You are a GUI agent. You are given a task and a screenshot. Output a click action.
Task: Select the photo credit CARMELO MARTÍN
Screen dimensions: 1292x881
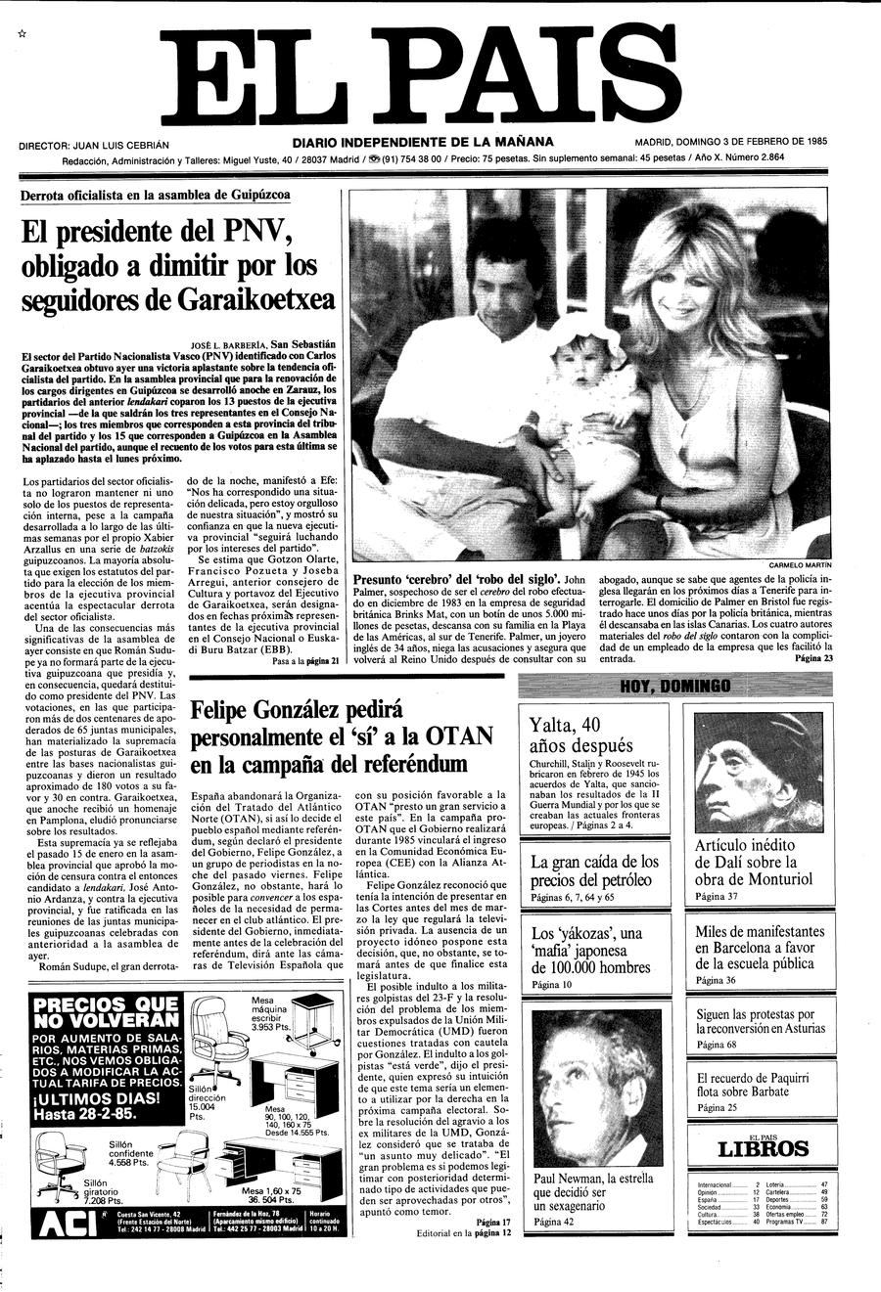(799, 565)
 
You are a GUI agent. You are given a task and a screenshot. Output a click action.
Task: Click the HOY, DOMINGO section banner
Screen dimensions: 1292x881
(675, 687)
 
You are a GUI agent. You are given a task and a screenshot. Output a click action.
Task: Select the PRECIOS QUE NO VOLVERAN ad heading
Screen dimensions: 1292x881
(105, 1013)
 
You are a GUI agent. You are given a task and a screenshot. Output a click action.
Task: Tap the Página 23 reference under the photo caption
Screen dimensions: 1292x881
(813, 659)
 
